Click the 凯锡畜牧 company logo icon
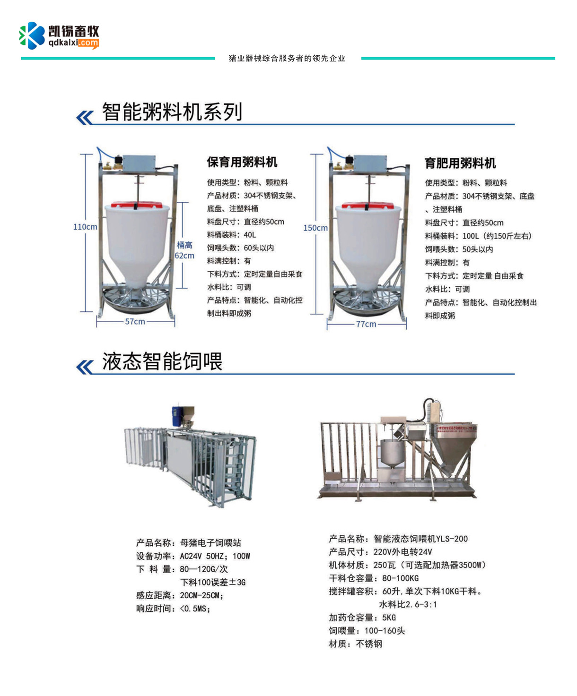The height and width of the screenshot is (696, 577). (32, 35)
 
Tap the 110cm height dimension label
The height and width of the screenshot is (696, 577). (85, 227)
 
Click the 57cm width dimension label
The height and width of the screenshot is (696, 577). (135, 322)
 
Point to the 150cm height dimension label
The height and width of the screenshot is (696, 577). (315, 228)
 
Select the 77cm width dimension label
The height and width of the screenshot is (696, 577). (366, 324)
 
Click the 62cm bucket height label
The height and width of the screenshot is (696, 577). (184, 256)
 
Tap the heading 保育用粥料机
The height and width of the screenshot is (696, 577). (242, 162)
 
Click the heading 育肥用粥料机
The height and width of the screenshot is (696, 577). (460, 163)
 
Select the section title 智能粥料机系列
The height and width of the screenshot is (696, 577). (172, 112)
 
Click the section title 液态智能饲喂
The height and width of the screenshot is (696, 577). (162, 361)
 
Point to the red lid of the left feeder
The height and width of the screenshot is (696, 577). (137, 204)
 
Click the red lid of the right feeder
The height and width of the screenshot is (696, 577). (367, 205)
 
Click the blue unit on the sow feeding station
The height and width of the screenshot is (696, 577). (176, 416)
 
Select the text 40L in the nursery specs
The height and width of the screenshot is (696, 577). (250, 235)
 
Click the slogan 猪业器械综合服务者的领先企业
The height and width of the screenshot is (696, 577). (287, 58)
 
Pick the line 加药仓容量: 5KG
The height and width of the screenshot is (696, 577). (362, 618)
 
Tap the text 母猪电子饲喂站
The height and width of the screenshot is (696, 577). (210, 543)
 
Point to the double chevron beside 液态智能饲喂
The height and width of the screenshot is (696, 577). (85, 367)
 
